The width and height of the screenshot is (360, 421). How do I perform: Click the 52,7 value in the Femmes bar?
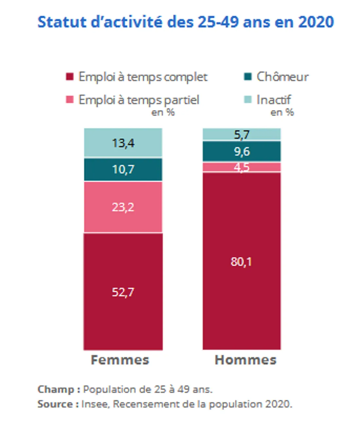(123, 292)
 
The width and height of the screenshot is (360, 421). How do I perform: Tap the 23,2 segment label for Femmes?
(123, 207)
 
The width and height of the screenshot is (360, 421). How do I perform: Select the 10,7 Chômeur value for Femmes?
(123, 169)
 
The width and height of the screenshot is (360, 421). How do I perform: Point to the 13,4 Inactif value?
(123, 143)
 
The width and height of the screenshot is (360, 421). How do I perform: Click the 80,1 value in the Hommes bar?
(241, 262)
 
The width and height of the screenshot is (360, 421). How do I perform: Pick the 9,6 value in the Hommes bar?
(242, 151)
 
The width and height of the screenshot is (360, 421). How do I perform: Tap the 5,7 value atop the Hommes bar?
(242, 135)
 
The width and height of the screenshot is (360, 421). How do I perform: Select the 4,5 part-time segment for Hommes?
(242, 167)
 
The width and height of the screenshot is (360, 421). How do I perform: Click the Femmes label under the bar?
(120, 360)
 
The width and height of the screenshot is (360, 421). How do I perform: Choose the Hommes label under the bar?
(245, 360)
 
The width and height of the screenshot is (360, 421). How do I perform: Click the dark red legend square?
(69, 77)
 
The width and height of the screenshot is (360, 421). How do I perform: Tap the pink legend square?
(69, 100)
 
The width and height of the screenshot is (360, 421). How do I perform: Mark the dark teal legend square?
(248, 77)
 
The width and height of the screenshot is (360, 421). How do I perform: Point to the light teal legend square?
(248, 100)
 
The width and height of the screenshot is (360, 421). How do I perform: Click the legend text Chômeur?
(282, 77)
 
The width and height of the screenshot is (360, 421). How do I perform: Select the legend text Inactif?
(274, 100)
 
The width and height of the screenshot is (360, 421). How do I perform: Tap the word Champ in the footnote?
(56, 390)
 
